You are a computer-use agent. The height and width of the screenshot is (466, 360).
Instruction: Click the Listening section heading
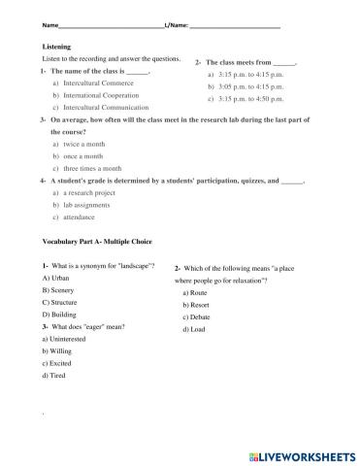[x=57, y=47]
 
